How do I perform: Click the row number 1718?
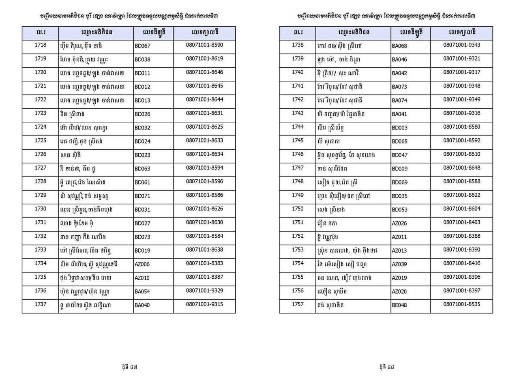point(41,45)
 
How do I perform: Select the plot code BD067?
point(142,46)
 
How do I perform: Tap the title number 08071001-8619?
point(204,58)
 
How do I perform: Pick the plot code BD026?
point(142,114)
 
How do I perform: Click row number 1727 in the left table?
point(41,168)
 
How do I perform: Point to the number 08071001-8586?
point(204,195)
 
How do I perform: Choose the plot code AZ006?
point(142,264)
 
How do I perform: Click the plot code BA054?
point(142,292)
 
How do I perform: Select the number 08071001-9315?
point(204,304)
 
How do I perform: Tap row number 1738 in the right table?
point(298,45)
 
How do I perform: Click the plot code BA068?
point(399,46)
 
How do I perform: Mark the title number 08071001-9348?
point(461,86)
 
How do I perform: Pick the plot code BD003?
point(399,128)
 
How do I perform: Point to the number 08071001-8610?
point(461,154)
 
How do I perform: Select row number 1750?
point(298,209)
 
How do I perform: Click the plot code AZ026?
point(399,223)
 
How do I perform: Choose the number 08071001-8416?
point(461,263)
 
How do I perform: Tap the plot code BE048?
point(399,305)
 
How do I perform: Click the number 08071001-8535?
point(461,304)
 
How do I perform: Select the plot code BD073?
point(142,237)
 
